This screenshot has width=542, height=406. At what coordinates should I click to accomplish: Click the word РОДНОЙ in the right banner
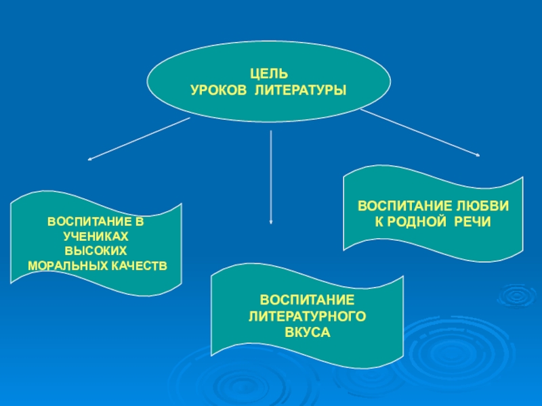418,221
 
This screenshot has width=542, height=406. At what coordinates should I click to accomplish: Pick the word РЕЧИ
474,221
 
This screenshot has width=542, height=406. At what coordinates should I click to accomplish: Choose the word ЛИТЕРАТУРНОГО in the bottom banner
308,315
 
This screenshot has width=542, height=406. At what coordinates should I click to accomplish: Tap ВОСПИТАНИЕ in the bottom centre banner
308,300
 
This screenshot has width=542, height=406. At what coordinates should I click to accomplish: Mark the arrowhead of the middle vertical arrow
271,221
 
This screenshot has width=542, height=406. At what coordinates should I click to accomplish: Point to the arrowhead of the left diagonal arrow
91,160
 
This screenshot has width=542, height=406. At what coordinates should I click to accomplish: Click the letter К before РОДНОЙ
379,221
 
